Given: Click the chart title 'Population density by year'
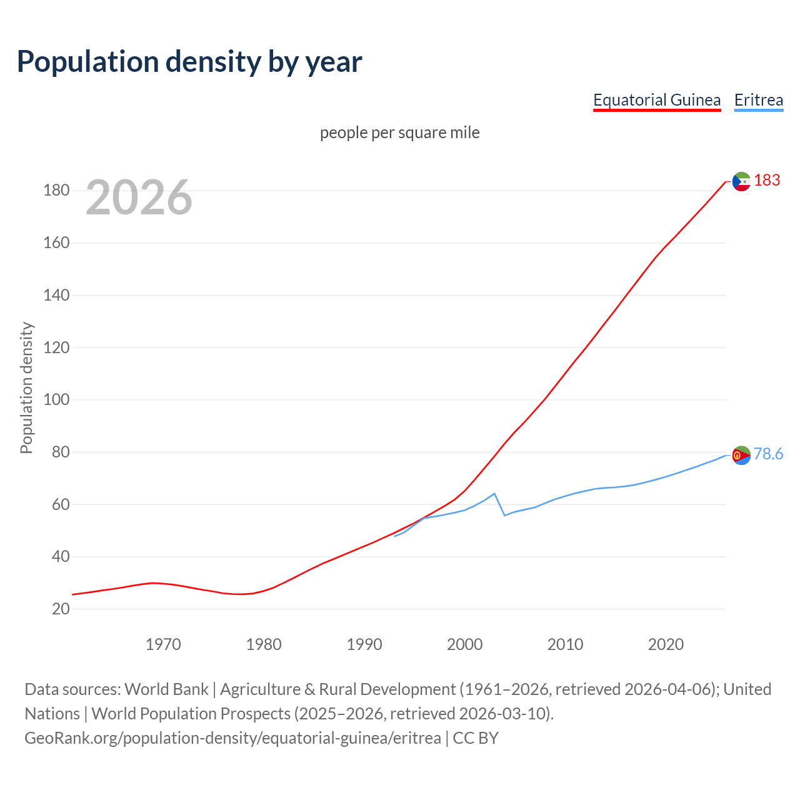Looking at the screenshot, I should pyautogui.click(x=189, y=61).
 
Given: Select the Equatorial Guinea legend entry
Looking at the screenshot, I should pyautogui.click(x=656, y=100).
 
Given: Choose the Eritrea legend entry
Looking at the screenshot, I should pyautogui.click(x=758, y=100).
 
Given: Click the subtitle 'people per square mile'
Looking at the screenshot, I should pyautogui.click(x=399, y=132).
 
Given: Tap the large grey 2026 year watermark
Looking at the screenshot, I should pyautogui.click(x=139, y=197).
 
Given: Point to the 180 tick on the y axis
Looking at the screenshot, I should pyautogui.click(x=56, y=190).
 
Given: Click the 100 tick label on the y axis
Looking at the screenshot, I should pyautogui.click(x=56, y=399).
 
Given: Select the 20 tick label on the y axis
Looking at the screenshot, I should pyautogui.click(x=61, y=609).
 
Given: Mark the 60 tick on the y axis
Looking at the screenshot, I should pyautogui.click(x=61, y=504).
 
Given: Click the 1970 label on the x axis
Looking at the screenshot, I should pyautogui.click(x=163, y=644).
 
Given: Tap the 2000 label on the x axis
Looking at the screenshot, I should pyautogui.click(x=464, y=644).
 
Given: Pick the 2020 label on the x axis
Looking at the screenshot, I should pyautogui.click(x=666, y=644).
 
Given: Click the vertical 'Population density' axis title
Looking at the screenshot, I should pyautogui.click(x=26, y=387).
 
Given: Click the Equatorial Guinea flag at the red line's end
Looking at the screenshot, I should pyautogui.click(x=741, y=181).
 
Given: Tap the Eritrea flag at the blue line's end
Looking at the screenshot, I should pyautogui.click(x=741, y=456).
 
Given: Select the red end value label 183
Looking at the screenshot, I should pyautogui.click(x=767, y=180).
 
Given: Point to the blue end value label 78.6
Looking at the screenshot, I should pyautogui.click(x=768, y=454).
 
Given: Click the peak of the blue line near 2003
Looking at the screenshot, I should pyautogui.click(x=494, y=494).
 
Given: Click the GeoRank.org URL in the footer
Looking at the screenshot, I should pyautogui.click(x=232, y=737).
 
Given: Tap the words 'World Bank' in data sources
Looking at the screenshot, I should pyautogui.click(x=166, y=689).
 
